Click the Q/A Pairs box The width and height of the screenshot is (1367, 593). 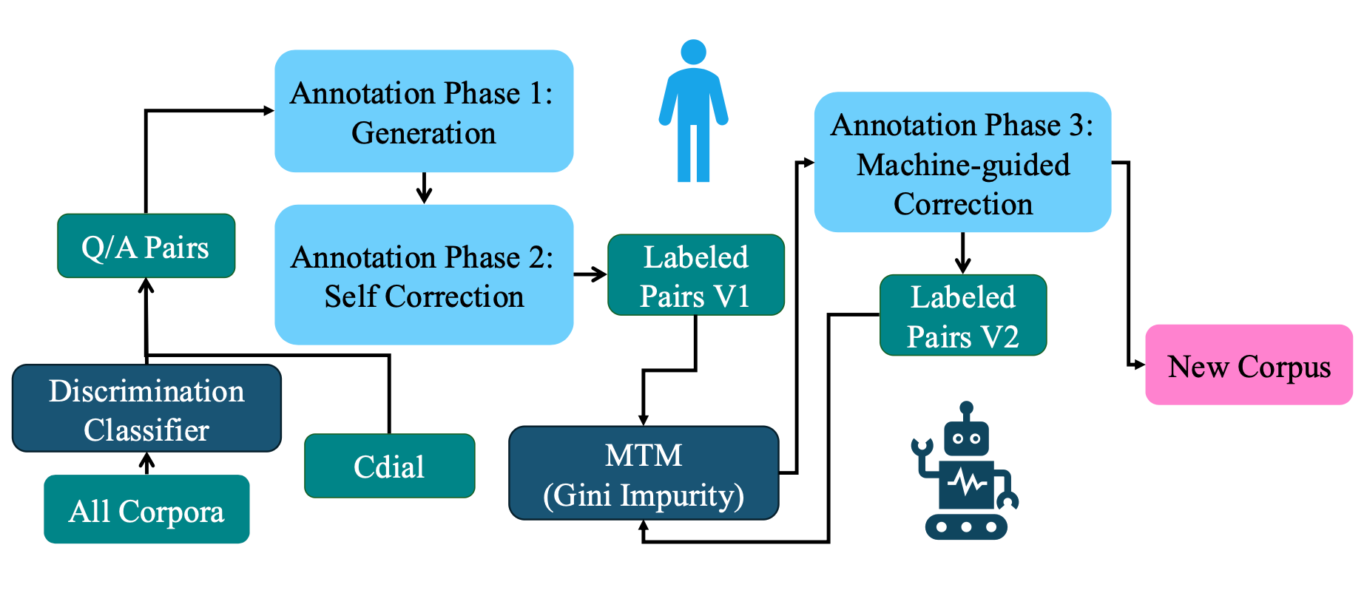pyautogui.click(x=146, y=246)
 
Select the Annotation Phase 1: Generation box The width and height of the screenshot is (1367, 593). pyautogui.click(x=423, y=112)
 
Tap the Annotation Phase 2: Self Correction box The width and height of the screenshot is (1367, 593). pyautogui.click(x=423, y=275)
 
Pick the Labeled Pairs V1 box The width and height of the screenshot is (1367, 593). pyautogui.click(x=695, y=275)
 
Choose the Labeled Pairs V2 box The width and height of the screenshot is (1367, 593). pyautogui.click(x=962, y=316)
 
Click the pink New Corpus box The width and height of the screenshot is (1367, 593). pyautogui.click(x=1248, y=365)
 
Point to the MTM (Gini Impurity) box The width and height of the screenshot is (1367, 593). pyautogui.click(x=643, y=473)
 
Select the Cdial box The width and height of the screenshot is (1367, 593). pyautogui.click(x=389, y=466)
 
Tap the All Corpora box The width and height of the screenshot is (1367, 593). pyautogui.click(x=146, y=509)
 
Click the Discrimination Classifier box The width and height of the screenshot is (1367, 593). pyautogui.click(x=146, y=409)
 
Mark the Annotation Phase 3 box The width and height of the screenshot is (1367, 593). pyautogui.click(x=962, y=162)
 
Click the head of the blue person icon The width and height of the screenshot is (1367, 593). pyautogui.click(x=693, y=52)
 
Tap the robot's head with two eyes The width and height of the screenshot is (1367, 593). pyautogui.click(x=966, y=438)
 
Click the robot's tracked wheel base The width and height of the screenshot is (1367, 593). pyautogui.click(x=966, y=527)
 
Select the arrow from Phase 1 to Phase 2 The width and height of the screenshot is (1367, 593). pyautogui.click(x=424, y=188)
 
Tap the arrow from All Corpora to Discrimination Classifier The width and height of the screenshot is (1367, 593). pyautogui.click(x=147, y=464)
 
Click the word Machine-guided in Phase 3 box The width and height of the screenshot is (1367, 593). pyautogui.click(x=962, y=165)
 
